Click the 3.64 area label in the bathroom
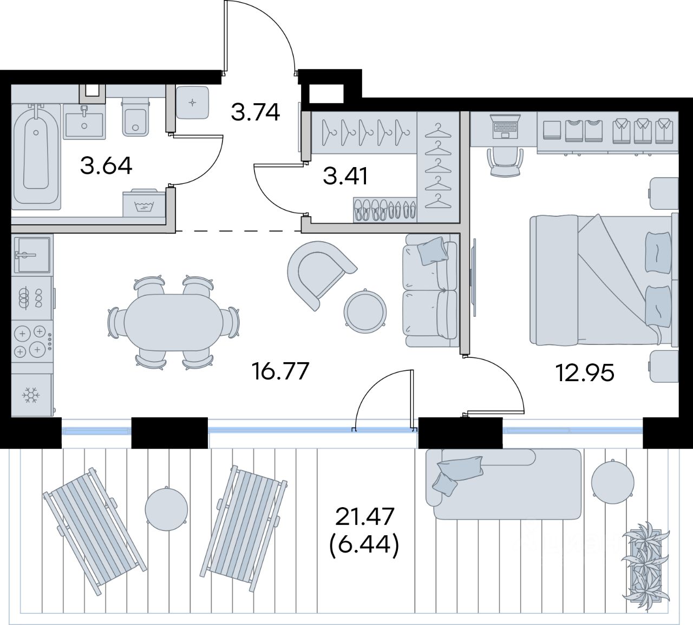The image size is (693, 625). click(106, 165)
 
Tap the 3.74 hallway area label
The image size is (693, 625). click(256, 112)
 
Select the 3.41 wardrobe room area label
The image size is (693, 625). click(345, 176)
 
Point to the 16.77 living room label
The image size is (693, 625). click(280, 371)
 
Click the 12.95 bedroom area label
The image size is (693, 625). click(585, 373)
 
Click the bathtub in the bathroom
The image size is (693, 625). click(36, 157)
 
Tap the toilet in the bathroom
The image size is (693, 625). click(135, 117)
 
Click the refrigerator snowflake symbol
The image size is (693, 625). click(31, 395)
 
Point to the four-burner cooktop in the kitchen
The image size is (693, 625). click(32, 342)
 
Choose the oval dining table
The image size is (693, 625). click(173, 322)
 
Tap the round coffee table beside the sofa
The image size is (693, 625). click(365, 311)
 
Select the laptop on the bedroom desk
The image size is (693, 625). click(505, 127)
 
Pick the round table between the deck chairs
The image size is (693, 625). click(166, 509)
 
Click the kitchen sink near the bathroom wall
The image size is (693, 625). click(31, 255)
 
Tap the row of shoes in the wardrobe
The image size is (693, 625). click(385, 210)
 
